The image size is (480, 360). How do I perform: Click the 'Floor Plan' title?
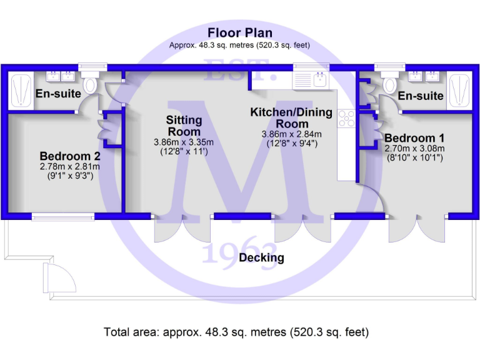coord(240,32)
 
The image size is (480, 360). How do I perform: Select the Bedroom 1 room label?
coord(414,137)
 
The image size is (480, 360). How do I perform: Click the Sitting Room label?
coord(184,126)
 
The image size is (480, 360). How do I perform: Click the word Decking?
coord(262,257)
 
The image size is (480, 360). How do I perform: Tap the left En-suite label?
coord(58,94)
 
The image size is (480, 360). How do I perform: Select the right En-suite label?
coord(421,96)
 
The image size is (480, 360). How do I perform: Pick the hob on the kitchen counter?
coord(346,117)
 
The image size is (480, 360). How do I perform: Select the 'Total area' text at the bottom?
coord(236,332)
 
